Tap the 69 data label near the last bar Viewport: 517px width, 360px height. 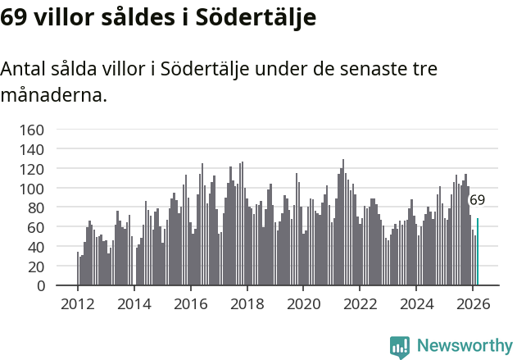pyautogui.click(x=477, y=199)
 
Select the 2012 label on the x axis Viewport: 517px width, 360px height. pyautogui.click(x=78, y=303)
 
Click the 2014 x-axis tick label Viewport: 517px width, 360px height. pyautogui.click(x=134, y=303)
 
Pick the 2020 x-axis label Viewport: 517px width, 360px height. pyautogui.click(x=303, y=303)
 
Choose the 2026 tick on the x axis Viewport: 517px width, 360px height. pyautogui.click(x=473, y=303)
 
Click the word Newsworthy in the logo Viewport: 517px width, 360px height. pyautogui.click(x=464, y=345)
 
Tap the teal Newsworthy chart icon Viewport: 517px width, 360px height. pyautogui.click(x=400, y=346)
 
